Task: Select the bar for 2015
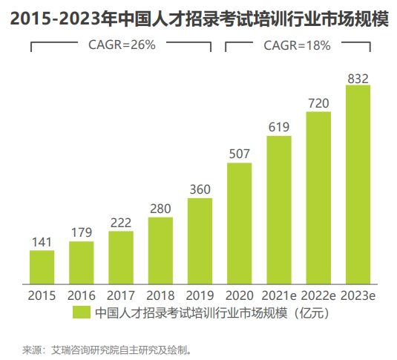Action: coord(42,266)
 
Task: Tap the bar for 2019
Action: coord(200,240)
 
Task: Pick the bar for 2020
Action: coord(239,223)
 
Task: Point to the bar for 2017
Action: coord(121,257)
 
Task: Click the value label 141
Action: coord(42,242)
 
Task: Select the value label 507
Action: coord(239,154)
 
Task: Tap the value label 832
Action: coord(358,78)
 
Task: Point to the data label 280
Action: coord(160,209)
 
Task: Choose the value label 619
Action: coord(279,127)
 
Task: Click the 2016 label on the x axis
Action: coord(82,295)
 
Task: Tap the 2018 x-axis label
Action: coord(160,295)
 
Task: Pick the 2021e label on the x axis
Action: coord(279,295)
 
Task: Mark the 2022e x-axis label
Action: coord(318,295)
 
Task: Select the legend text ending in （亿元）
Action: coord(211,313)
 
